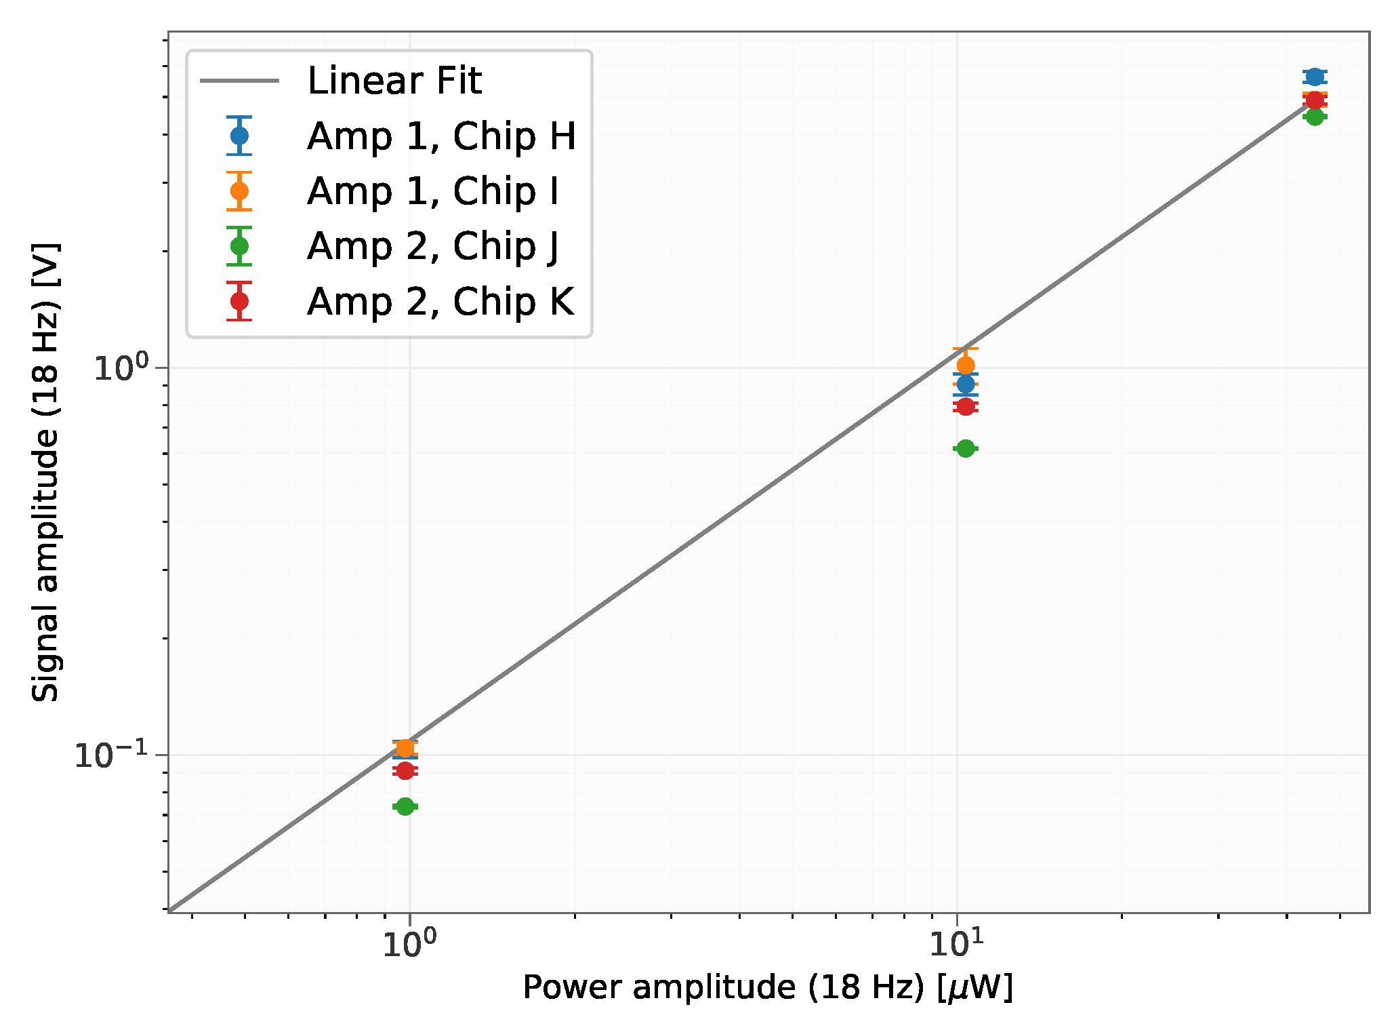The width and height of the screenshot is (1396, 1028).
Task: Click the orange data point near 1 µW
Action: pyautogui.click(x=405, y=749)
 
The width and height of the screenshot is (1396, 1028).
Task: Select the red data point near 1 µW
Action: pyautogui.click(x=405, y=770)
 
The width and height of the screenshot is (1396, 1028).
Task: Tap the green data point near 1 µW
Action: pyautogui.click(x=405, y=806)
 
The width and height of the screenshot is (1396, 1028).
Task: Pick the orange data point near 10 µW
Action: pyautogui.click(x=966, y=365)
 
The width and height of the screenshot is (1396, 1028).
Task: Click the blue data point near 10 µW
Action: pyautogui.click(x=966, y=384)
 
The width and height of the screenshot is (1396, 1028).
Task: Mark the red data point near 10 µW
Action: pyautogui.click(x=966, y=406)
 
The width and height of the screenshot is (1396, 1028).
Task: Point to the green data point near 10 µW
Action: pyautogui.click(x=966, y=448)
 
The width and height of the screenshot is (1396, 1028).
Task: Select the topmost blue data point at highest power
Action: pyautogui.click(x=1315, y=77)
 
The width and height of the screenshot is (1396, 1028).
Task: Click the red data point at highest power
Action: pyautogui.click(x=1315, y=100)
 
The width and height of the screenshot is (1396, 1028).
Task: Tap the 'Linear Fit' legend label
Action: pyautogui.click(x=394, y=81)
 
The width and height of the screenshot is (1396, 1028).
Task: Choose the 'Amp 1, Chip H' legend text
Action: pyautogui.click(x=441, y=136)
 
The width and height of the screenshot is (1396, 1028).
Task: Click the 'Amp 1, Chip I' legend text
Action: pyautogui.click(x=433, y=191)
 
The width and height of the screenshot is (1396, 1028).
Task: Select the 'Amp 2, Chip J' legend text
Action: pyautogui.click(x=433, y=246)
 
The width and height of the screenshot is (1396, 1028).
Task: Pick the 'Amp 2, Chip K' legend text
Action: pyautogui.click(x=440, y=301)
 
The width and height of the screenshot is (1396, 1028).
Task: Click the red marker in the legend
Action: pyautogui.click(x=239, y=300)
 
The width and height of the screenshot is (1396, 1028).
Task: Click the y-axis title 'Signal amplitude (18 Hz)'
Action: pyautogui.click(x=46, y=472)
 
